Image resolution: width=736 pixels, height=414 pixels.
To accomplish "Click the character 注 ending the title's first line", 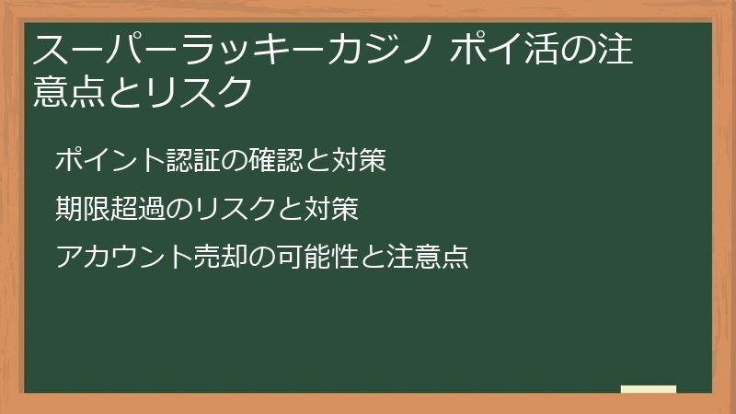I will pyautogui.click(x=614, y=49).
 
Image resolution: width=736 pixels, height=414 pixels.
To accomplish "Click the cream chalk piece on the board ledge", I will pyautogui.click(x=649, y=388).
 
